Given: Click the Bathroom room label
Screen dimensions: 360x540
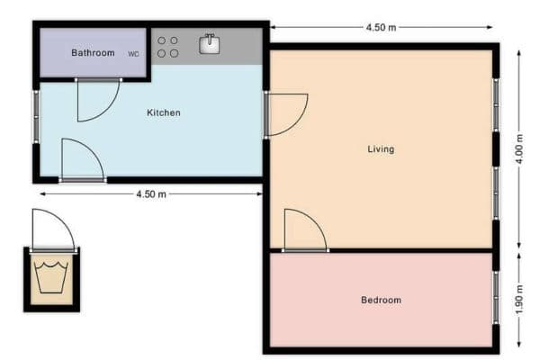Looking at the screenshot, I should point(93,53).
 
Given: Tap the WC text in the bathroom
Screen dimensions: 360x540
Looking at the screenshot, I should point(133,54).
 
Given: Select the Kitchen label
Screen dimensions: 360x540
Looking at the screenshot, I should point(164,112).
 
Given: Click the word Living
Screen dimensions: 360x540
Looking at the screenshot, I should point(381,148).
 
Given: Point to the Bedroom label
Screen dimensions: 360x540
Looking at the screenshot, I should point(381,300).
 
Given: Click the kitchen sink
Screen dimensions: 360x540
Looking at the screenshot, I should point(209,43).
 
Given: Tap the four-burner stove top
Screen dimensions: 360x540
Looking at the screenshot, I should point(167,47).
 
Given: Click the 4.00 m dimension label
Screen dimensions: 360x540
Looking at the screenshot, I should point(519,148).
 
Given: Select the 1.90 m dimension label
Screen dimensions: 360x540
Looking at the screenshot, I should point(519,300).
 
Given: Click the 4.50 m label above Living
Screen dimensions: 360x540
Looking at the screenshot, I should point(381,27).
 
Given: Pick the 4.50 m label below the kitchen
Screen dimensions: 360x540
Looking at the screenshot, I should point(150,193).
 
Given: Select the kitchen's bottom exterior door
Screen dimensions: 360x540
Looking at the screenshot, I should point(81,160).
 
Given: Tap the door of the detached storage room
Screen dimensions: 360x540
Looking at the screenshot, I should point(52,230).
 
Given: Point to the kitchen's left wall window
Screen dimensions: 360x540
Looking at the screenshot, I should point(37,116).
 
